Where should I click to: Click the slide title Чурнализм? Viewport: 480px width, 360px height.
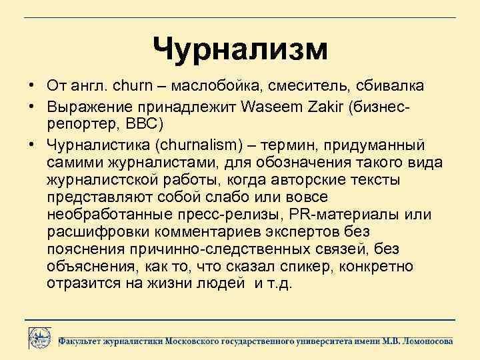240,49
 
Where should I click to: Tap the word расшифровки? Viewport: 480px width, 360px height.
99,232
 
